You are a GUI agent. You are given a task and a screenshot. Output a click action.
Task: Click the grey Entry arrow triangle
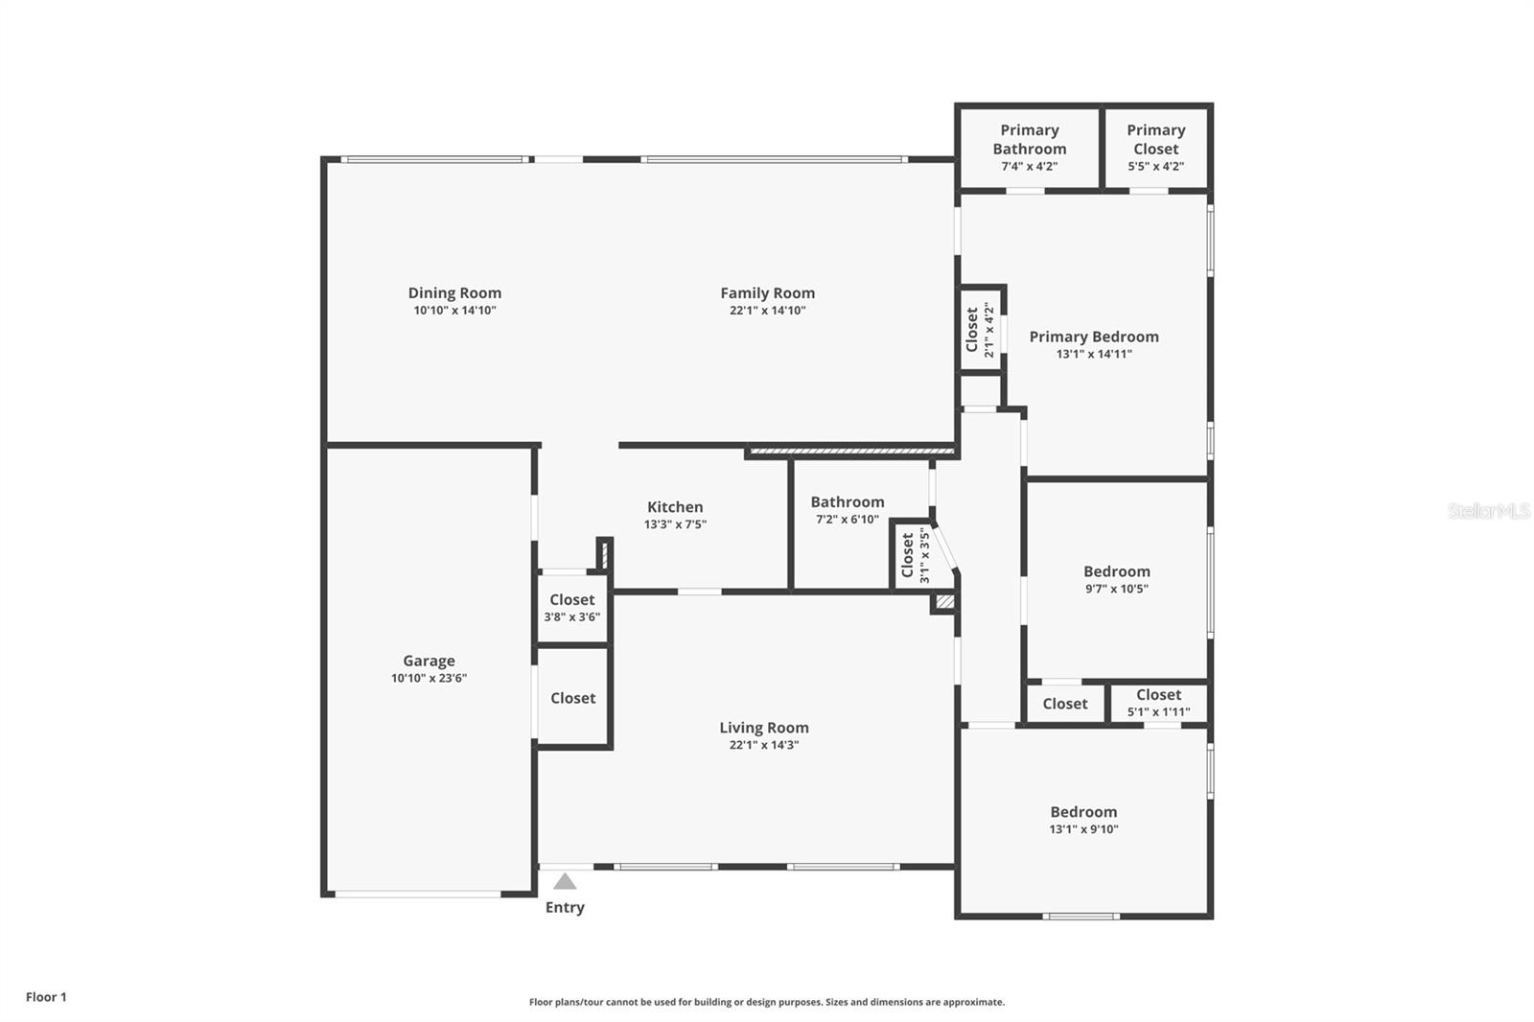(565, 881)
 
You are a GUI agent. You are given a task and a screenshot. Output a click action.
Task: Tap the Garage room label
(429, 661)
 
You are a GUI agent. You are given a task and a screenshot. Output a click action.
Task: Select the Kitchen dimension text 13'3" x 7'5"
(675, 524)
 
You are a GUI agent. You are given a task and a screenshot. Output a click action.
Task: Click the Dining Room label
(454, 293)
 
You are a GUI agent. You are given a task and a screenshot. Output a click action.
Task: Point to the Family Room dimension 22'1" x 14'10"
(767, 311)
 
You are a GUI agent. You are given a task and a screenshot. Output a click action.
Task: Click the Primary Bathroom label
(1029, 139)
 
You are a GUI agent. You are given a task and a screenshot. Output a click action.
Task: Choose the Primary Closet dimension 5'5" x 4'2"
(1155, 166)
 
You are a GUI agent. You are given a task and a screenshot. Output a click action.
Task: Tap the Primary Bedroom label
(1094, 337)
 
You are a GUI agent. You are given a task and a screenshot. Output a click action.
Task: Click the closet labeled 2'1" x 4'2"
(980, 330)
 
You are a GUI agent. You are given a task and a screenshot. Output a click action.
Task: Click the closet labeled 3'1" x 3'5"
(915, 555)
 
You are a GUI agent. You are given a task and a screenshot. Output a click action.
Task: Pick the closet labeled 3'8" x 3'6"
(572, 608)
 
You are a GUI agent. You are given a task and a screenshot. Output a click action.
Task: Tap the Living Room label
(764, 728)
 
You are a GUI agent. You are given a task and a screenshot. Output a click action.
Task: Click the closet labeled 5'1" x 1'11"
(1158, 703)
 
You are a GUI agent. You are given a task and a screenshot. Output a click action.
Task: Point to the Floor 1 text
(46, 997)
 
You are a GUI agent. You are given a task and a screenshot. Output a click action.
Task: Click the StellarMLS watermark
(1488, 511)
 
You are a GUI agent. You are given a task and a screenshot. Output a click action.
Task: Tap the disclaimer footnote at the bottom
(767, 1002)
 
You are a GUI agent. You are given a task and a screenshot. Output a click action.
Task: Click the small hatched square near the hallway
(944, 602)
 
